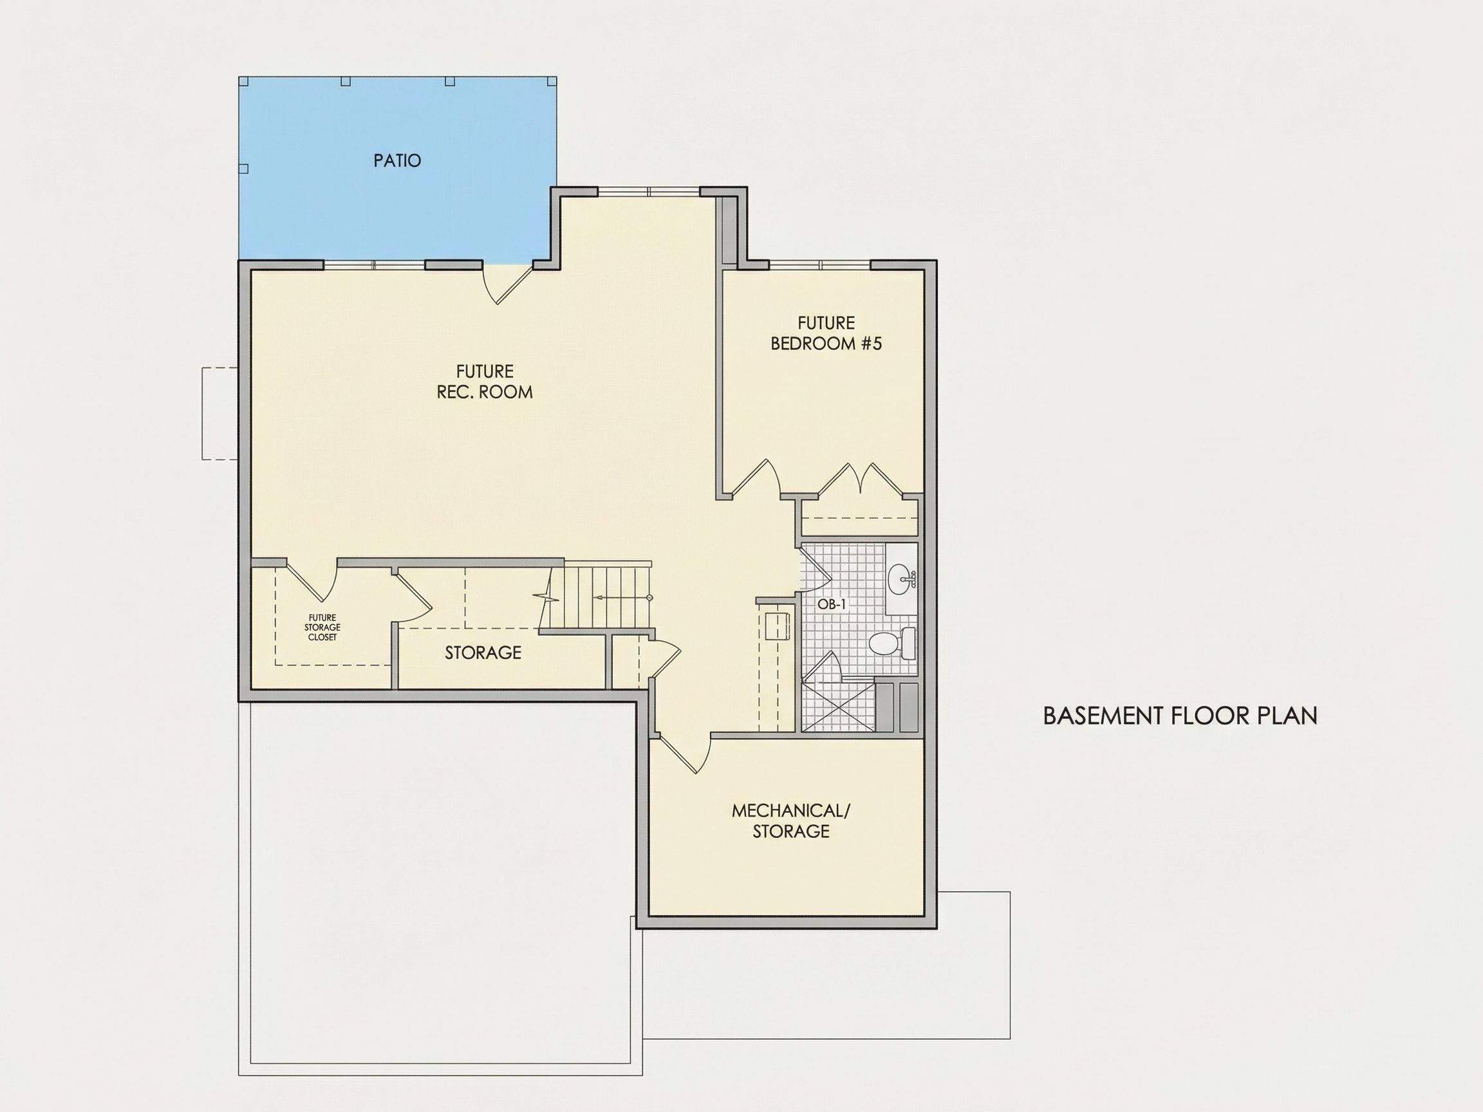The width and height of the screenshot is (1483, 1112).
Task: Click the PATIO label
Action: [x=397, y=161]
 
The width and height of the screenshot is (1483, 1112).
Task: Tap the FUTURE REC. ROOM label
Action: [x=485, y=382]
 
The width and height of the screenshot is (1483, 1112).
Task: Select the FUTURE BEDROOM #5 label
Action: [x=826, y=333]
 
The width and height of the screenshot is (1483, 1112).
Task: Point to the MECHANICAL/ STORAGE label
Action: [x=790, y=820]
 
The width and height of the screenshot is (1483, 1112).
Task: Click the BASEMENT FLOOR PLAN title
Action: [x=1180, y=716]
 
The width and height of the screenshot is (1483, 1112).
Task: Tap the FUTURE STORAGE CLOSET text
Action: [x=322, y=627]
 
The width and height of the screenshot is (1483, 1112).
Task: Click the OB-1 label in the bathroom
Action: [x=832, y=604]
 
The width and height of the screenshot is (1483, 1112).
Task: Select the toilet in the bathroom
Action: [x=892, y=644]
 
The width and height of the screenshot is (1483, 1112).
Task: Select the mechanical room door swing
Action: [x=682, y=754]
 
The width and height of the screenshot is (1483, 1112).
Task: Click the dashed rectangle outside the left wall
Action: [x=221, y=414]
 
